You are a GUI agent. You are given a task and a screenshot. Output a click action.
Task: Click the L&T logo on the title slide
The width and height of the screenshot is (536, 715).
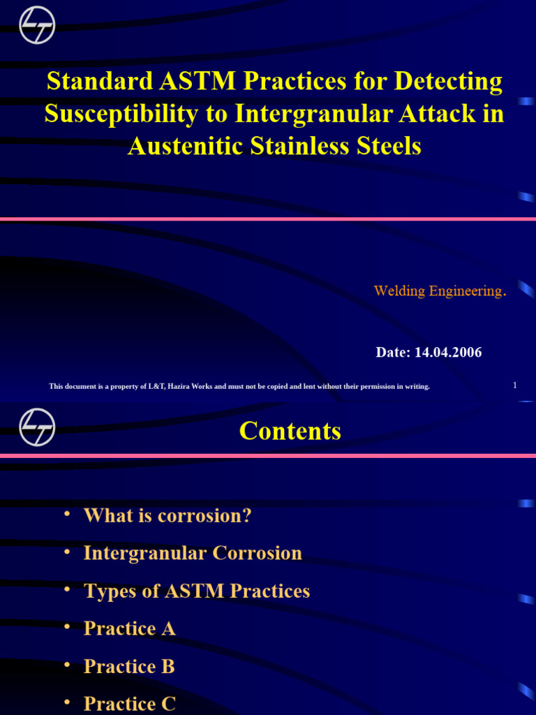37,25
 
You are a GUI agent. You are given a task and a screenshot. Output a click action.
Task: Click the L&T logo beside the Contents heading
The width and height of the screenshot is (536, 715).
37,427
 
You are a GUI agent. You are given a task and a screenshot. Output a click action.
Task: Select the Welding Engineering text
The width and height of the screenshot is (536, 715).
439,291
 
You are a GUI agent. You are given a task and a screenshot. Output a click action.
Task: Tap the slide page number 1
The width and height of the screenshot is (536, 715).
514,385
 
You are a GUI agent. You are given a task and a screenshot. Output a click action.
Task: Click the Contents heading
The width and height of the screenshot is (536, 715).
290,431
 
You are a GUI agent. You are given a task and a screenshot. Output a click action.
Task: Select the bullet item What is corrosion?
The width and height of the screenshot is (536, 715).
167,516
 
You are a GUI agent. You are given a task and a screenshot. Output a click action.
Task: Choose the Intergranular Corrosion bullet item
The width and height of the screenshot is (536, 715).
193,553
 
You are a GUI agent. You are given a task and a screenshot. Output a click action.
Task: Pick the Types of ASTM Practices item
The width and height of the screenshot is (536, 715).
196,591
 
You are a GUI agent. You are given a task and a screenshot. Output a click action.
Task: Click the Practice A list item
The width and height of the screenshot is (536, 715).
129,628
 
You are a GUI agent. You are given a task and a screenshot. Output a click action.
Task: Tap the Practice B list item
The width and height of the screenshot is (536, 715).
129,666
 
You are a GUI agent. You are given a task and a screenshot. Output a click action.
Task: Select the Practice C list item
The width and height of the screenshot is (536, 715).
129,703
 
